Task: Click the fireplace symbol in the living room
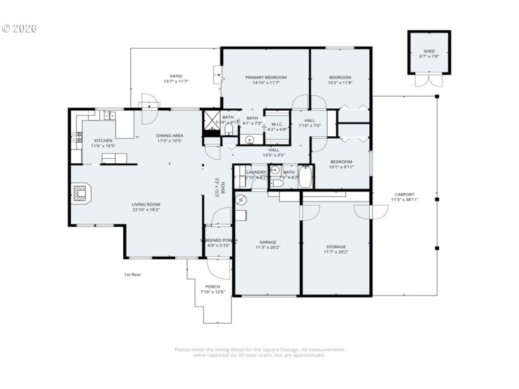tap(80, 193)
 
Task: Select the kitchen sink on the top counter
tap(108, 116)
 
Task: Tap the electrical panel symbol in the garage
tap(241, 200)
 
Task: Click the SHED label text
tap(429, 51)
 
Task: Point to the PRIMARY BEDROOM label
tap(265, 77)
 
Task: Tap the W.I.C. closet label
tap(276, 124)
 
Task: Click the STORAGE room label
tap(335, 246)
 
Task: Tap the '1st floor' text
tap(132, 274)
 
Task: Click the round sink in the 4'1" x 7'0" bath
tap(250, 139)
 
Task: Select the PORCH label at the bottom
tap(212, 287)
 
